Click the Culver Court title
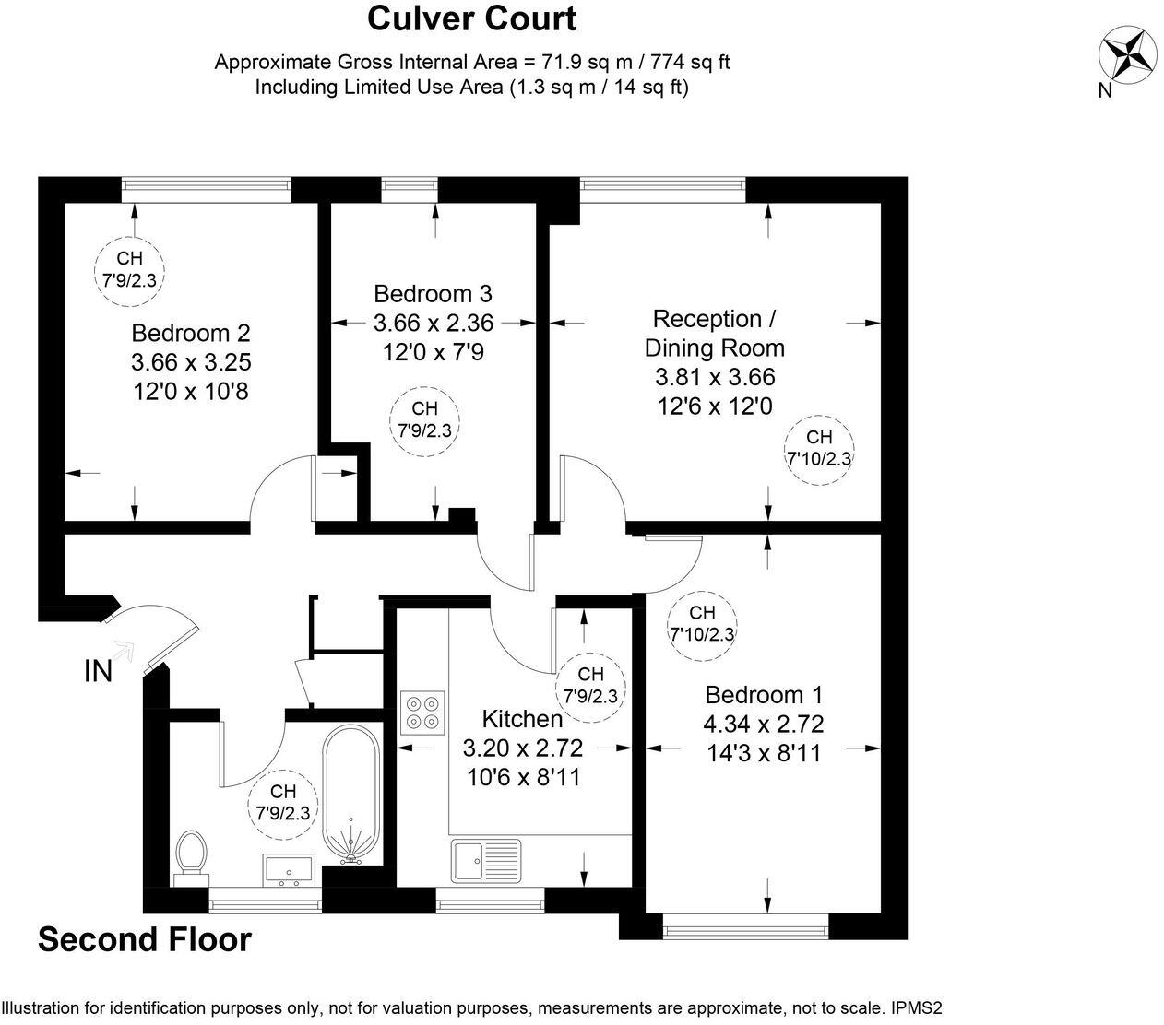tap(471, 18)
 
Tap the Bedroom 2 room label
tap(191, 333)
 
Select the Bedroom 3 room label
tap(433, 294)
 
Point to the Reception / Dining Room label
tap(714, 334)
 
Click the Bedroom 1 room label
tap(764, 695)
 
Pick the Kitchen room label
tap(522, 719)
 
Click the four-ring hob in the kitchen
tap(422, 712)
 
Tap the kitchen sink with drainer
tap(486, 861)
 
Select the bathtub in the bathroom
tap(350, 794)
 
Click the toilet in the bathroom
tap(192, 855)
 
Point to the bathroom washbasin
tap(290, 869)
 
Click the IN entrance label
tap(98, 672)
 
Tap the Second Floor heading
tap(144, 939)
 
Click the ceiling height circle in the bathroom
tap(283, 803)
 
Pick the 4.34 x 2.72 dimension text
tap(764, 725)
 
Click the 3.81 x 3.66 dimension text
tap(714, 377)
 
